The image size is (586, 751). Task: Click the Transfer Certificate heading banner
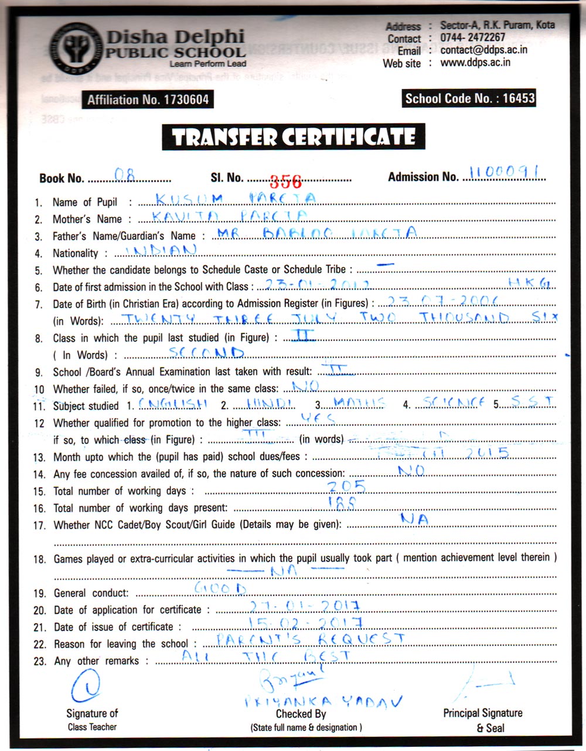pyautogui.click(x=294, y=138)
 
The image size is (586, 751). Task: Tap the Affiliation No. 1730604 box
pyautogui.click(x=147, y=100)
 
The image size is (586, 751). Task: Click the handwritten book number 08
pyautogui.click(x=124, y=174)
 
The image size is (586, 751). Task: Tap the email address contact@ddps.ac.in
pyautogui.click(x=484, y=50)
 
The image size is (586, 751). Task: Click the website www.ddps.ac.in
pyautogui.click(x=475, y=63)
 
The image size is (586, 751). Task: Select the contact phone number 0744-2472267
pyautogui.click(x=473, y=37)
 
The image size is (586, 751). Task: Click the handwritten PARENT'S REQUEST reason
pyautogui.click(x=311, y=639)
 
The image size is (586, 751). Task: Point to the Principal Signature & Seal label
pyautogui.click(x=482, y=720)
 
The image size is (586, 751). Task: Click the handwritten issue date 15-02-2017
pyautogui.click(x=305, y=622)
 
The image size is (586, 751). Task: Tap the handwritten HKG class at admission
pyautogui.click(x=529, y=283)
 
